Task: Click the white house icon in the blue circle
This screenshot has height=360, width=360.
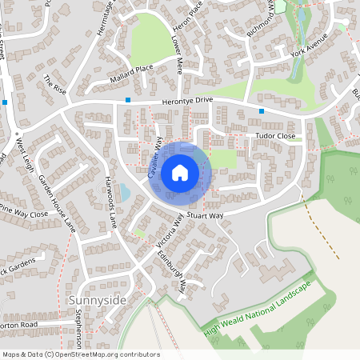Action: tap(180, 172)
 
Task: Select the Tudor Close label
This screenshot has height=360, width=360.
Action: tap(275, 137)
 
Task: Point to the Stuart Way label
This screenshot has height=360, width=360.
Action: tap(206, 215)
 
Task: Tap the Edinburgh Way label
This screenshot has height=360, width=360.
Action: tap(171, 273)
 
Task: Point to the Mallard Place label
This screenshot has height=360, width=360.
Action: tap(119, 81)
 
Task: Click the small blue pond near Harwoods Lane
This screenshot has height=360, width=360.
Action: tap(124, 192)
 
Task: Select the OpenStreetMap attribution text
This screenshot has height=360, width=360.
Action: tap(80, 354)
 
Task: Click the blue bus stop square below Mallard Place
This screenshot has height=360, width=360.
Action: tap(127, 100)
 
